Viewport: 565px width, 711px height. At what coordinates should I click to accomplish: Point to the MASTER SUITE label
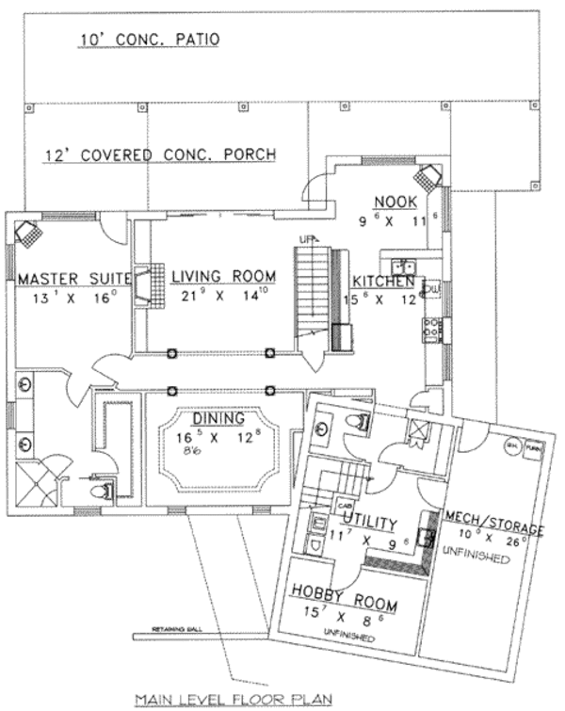(71, 279)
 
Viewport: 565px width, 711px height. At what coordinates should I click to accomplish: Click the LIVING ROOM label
(223, 277)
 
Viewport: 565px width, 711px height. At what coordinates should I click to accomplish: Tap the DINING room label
(218, 418)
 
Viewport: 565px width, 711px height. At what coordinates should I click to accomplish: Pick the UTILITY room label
(368, 521)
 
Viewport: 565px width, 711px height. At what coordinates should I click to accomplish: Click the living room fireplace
(142, 284)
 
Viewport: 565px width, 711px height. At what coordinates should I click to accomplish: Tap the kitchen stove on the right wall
(432, 329)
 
